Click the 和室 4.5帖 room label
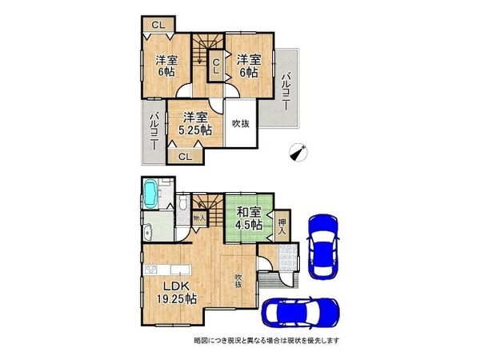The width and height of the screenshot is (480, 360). pos(249,218)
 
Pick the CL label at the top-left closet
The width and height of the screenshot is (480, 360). pos(158,25)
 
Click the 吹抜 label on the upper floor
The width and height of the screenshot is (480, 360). pos(239,123)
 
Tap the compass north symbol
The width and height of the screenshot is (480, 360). pos(298,150)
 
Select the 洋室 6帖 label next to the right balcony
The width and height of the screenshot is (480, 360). pos(248,65)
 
